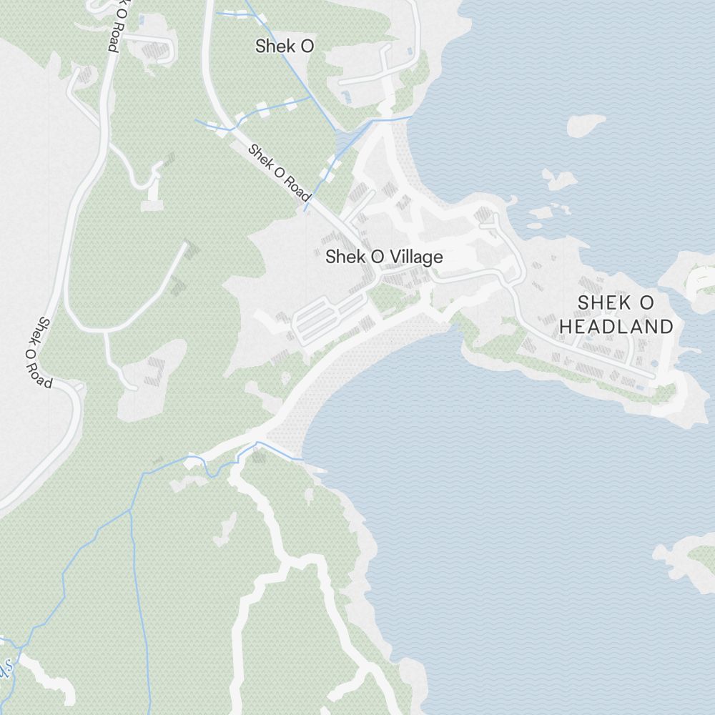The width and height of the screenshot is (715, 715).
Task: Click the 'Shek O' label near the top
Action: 285,46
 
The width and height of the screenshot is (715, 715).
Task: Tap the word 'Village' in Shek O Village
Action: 418,257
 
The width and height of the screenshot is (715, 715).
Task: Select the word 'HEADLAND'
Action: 616,327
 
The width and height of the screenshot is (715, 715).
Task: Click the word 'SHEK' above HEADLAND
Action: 596,302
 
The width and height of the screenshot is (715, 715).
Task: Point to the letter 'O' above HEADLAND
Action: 645,302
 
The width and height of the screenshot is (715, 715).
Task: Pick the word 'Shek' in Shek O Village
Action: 340,257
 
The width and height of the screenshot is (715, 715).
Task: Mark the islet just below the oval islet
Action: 559,179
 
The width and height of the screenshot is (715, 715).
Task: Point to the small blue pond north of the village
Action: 346,96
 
